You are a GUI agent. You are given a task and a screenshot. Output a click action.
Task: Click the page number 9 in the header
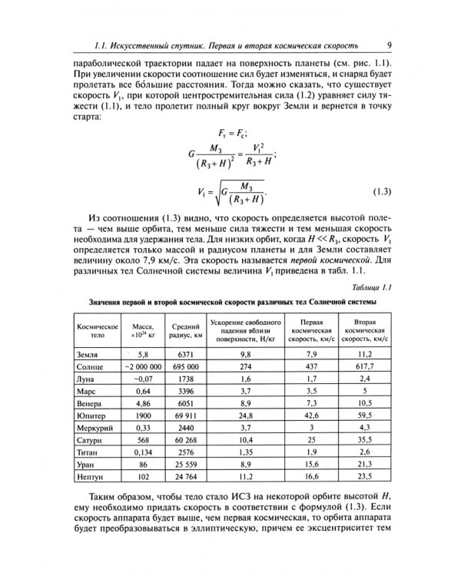tap(390, 45)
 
